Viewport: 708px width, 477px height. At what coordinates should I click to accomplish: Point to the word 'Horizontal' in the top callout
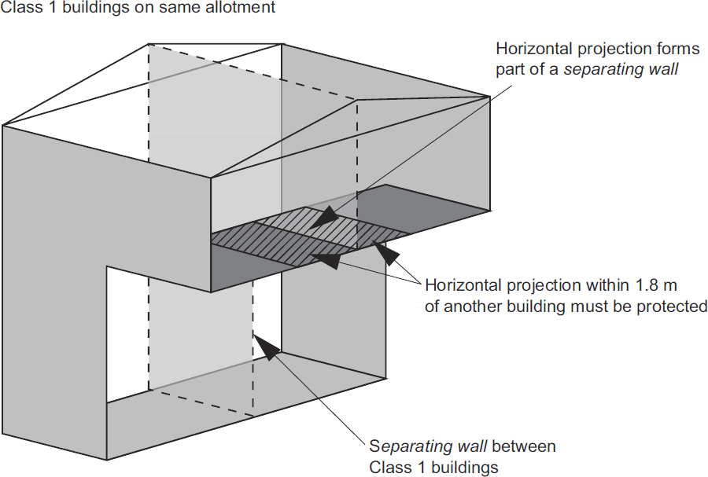pos(532,49)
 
